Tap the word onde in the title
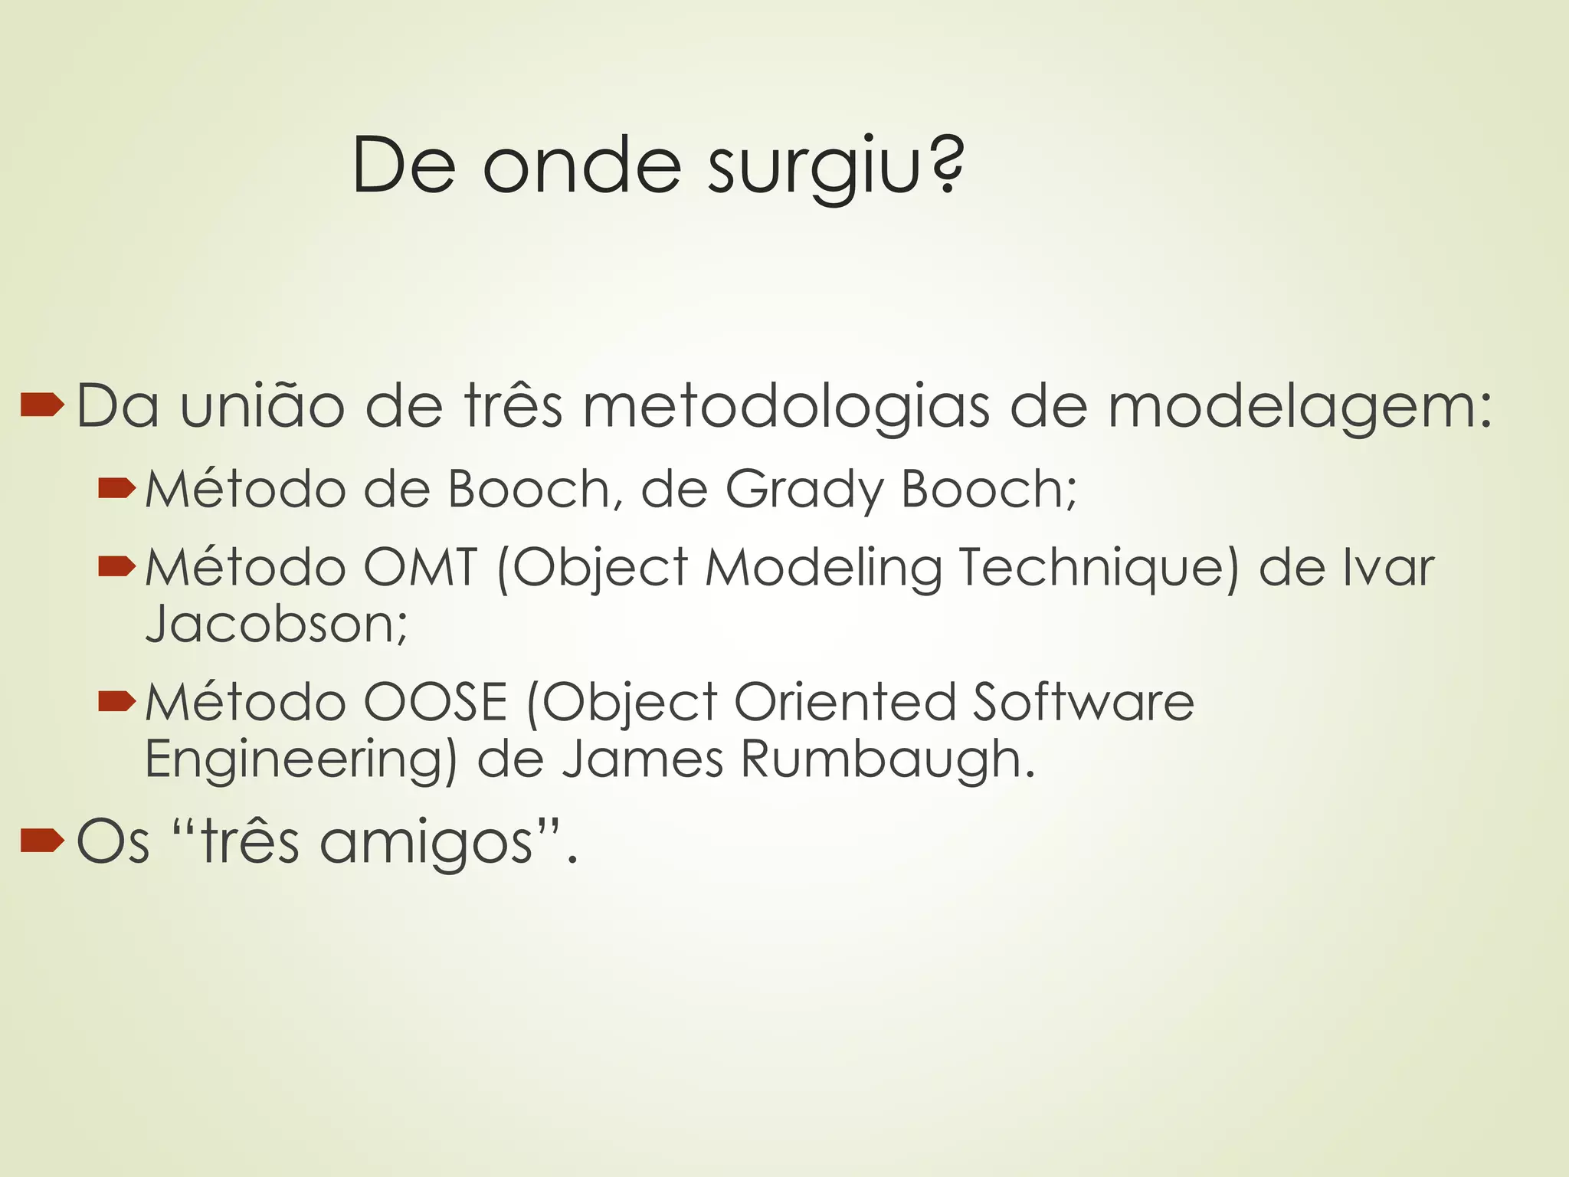point(581,166)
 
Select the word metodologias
point(786,406)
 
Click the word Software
point(1083,703)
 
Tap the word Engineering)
point(301,761)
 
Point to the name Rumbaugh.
point(888,761)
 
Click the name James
point(643,759)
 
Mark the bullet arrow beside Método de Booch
point(116,488)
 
